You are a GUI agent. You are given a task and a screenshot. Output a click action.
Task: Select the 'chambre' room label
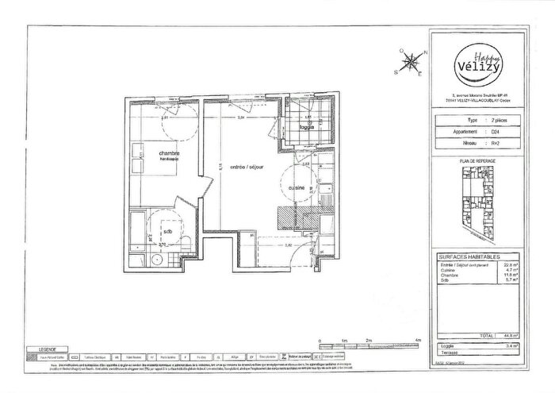pyautogui.click(x=168, y=153)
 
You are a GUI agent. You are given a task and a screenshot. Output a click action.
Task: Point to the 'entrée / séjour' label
pyautogui.click(x=246, y=167)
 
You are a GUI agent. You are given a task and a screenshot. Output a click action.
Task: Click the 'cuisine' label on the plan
pyautogui.click(x=298, y=188)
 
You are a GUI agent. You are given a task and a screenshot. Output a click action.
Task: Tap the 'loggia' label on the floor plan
pyautogui.click(x=307, y=127)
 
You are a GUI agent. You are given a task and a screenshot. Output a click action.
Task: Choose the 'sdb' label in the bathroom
pyautogui.click(x=167, y=232)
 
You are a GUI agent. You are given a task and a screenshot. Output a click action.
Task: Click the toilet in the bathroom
pyautogui.click(x=186, y=241)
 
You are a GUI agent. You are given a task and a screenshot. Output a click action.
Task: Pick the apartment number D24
pyautogui.click(x=495, y=133)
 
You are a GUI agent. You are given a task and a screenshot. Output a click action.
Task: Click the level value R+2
pyautogui.click(x=496, y=143)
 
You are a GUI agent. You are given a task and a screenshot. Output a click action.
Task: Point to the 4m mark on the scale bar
pyautogui.click(x=418, y=340)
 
